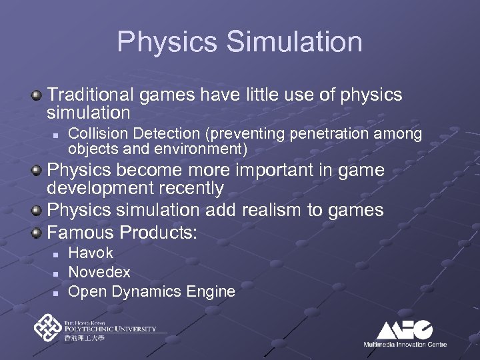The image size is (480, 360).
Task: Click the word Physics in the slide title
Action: pos(167,41)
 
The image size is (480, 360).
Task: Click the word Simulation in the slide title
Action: pos(294,41)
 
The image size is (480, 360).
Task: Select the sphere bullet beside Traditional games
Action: pos(38,95)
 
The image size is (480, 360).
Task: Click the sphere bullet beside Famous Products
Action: pos(38,233)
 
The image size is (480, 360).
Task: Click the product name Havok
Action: pos(91,253)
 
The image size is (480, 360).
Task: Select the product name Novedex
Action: pos(99,272)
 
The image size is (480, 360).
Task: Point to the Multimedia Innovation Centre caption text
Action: pos(405,344)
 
